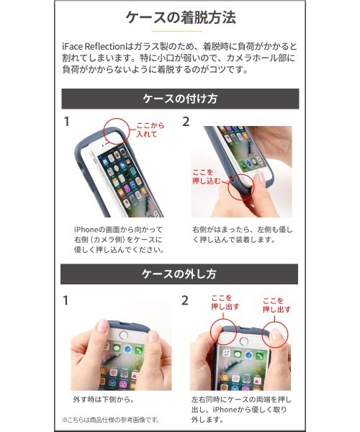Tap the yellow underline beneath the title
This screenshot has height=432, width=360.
180,32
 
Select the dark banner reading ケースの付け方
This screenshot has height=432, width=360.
180,99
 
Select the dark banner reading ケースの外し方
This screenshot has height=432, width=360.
180,274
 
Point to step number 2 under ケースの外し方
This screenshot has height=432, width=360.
186,300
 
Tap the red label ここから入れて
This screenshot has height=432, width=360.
148,130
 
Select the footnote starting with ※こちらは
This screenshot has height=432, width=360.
110,419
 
